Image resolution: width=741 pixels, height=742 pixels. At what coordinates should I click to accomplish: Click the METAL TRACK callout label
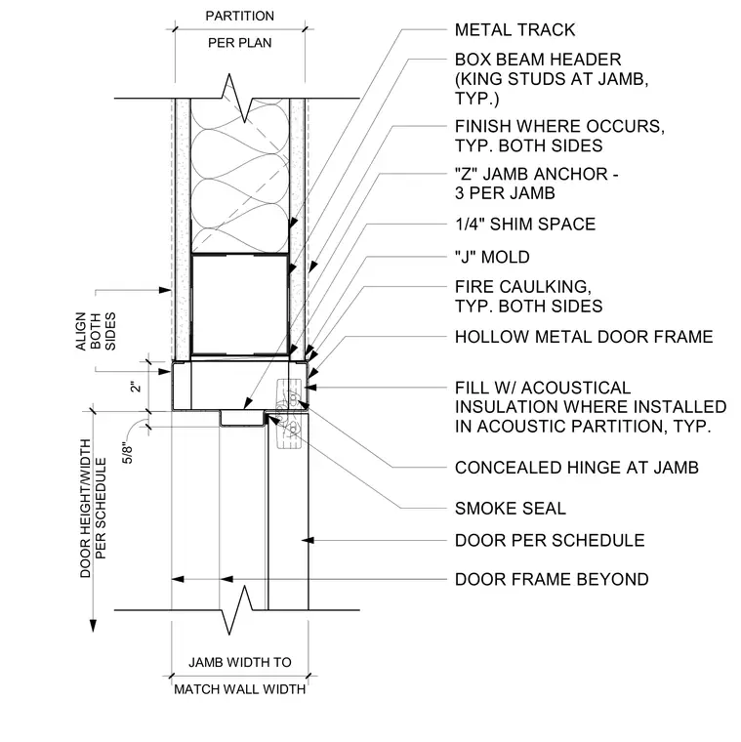click(x=515, y=30)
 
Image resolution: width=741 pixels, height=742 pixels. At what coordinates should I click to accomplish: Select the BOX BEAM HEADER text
click(x=538, y=60)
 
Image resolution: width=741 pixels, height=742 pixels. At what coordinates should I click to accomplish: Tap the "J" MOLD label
click(x=492, y=257)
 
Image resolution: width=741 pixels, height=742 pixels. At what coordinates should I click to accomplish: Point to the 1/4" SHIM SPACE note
click(x=525, y=224)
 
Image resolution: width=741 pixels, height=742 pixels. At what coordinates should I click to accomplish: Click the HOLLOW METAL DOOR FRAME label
click(x=584, y=337)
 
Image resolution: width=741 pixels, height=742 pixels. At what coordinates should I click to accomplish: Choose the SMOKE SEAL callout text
click(x=510, y=509)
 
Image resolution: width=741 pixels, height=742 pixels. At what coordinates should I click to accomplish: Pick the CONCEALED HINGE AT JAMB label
click(x=576, y=468)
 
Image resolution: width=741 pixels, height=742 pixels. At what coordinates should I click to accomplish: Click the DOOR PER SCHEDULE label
click(x=550, y=541)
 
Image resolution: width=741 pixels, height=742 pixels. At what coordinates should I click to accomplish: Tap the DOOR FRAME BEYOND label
click(x=552, y=579)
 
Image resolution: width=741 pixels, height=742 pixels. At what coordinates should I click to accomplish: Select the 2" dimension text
click(x=136, y=387)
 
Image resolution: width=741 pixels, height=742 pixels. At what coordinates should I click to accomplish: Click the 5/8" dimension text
click(x=128, y=453)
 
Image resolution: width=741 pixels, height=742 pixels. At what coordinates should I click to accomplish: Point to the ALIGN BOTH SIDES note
click(x=95, y=331)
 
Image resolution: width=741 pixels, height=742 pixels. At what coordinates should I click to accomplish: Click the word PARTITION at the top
click(x=239, y=16)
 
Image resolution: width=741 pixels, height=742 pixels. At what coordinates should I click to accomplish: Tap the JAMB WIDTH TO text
click(x=240, y=662)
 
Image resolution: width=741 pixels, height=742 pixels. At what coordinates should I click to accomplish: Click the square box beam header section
click(x=240, y=305)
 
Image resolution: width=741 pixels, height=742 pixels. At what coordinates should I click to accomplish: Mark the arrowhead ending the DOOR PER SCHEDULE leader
click(x=309, y=541)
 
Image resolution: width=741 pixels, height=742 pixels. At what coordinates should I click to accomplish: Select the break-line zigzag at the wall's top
click(x=237, y=98)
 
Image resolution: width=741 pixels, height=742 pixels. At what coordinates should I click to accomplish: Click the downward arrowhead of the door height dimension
click(x=93, y=626)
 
